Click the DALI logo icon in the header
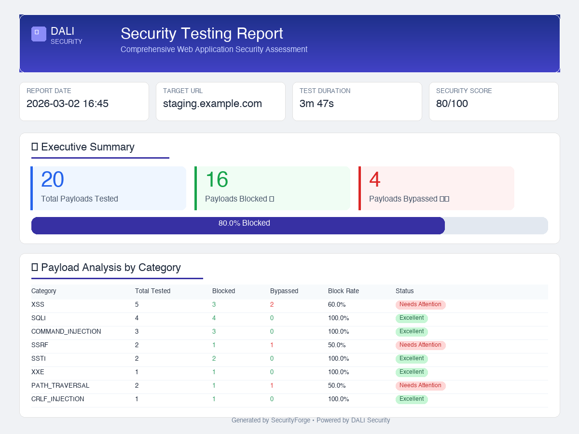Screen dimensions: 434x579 (x=39, y=34)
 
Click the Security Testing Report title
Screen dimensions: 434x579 (x=202, y=34)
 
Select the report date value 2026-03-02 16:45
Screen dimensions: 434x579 (x=68, y=104)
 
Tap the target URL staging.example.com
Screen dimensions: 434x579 (x=212, y=104)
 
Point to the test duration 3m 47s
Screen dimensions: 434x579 (x=317, y=104)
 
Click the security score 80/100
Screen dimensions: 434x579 (x=452, y=104)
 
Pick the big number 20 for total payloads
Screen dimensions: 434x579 (x=53, y=180)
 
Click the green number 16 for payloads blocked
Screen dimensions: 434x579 (x=217, y=180)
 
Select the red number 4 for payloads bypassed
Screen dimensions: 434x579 (x=375, y=180)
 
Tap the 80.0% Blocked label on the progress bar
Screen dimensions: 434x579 (x=244, y=223)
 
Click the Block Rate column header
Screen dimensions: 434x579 (x=344, y=291)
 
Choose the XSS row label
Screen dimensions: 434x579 (x=38, y=305)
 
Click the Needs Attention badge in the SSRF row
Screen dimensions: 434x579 (x=420, y=345)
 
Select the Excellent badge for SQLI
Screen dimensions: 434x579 (x=412, y=318)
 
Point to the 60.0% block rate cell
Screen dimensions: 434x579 (x=337, y=305)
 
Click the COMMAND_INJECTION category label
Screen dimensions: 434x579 (x=66, y=332)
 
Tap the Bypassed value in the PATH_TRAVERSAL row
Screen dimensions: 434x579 (x=272, y=386)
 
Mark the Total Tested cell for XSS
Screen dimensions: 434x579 (x=137, y=305)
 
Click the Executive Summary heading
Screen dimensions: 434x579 (x=87, y=147)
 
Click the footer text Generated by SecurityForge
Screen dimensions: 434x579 (x=271, y=420)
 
